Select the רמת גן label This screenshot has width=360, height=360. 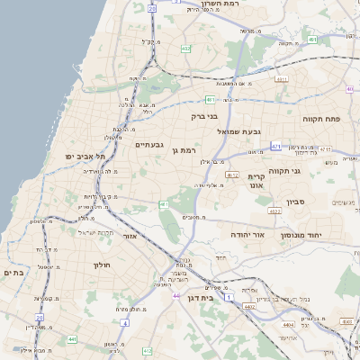coord(183,150)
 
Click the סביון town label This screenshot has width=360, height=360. coord(297,202)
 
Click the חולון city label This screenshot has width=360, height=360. coord(100,265)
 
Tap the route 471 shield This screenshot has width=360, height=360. coord(275,145)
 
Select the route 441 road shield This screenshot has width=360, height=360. coord(70,339)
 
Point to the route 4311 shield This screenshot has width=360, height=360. coord(281,79)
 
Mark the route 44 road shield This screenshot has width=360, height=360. coord(176,295)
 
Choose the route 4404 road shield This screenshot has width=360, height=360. coord(288,324)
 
